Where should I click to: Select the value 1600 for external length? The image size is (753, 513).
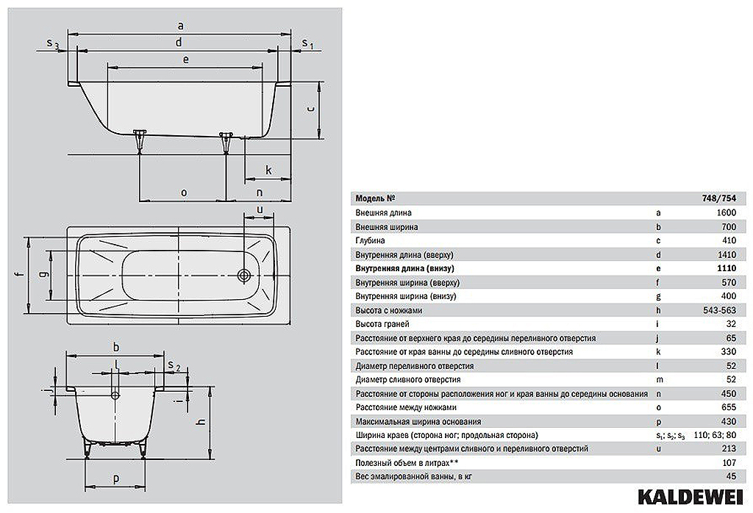coord(726,212)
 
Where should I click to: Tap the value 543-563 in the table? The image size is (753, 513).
coord(719,310)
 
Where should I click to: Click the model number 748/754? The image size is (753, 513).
coord(721,198)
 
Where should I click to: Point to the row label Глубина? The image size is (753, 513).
coord(370,240)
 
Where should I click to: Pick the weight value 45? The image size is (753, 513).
coord(731,476)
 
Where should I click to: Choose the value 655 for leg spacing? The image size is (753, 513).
coord(729,407)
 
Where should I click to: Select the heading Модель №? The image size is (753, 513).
coord(375,198)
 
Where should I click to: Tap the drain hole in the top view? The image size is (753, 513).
coord(244,276)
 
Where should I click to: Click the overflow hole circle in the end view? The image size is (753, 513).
coord(115,395)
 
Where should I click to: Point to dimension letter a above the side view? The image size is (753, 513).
coord(181,26)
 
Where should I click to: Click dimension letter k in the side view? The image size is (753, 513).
coord(268,170)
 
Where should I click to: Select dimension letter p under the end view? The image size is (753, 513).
coord(115,479)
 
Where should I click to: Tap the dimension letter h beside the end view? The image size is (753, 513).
coord(201,421)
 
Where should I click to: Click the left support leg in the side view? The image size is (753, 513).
coord(140,140)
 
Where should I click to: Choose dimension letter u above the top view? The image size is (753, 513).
coord(260,209)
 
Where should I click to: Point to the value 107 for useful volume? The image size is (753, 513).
coord(729,462)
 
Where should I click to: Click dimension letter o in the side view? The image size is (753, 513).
coord(183,193)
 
